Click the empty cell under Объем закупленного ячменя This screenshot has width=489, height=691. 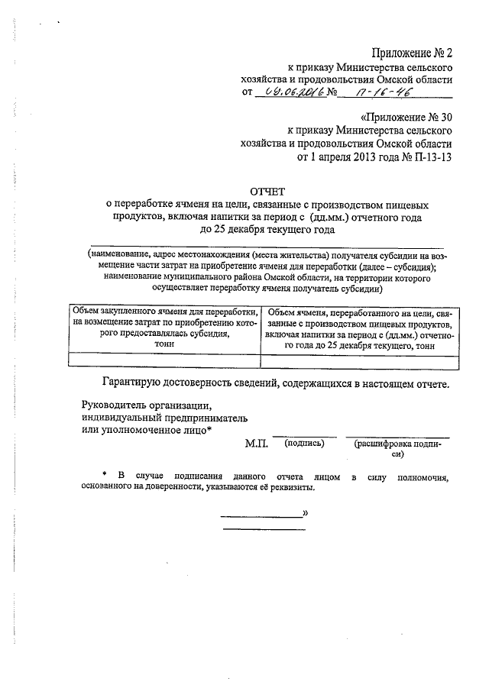click(x=164, y=360)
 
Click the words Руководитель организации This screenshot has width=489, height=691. click(x=144, y=404)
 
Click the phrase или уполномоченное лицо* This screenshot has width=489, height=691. click(x=147, y=431)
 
